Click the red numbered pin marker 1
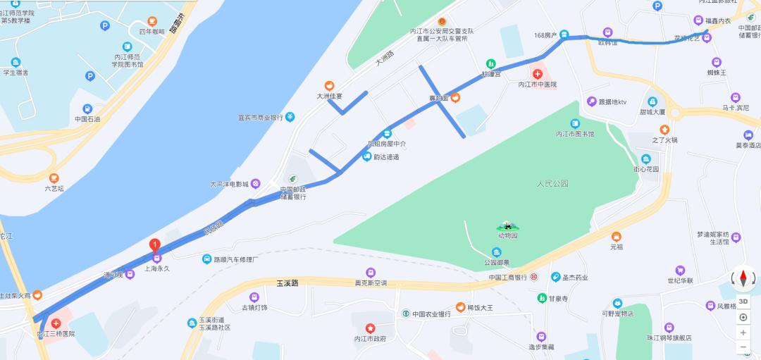pyautogui.click(x=155, y=245)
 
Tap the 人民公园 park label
pyautogui.click(x=552, y=184)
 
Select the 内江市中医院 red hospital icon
pyautogui.click(x=538, y=73)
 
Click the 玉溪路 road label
pyautogui.click(x=283, y=283)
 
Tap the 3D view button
pyautogui.click(x=743, y=302)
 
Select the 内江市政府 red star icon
pyautogui.click(x=371, y=328)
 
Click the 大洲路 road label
pyautogui.click(x=385, y=59)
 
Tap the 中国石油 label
pyautogui.click(x=87, y=119)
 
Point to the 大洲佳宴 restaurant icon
pyautogui.click(x=328, y=85)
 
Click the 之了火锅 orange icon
pyautogui.click(x=664, y=130)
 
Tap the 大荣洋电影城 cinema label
pyautogui.click(x=229, y=185)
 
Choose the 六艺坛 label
pyautogui.click(x=54, y=188)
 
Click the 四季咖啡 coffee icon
pyautogui.click(x=152, y=22)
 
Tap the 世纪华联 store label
pyautogui.click(x=681, y=280)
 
